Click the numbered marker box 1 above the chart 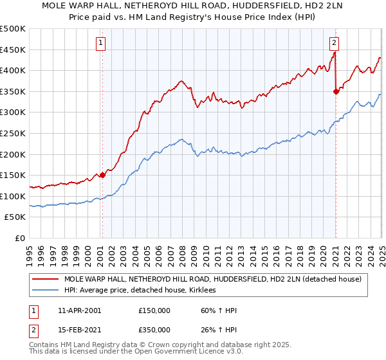tap(102, 44)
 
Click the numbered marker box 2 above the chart tap(335, 44)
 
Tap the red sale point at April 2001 tap(102, 175)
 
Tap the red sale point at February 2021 tap(336, 91)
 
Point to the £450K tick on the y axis tap(13, 50)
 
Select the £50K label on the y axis tap(15, 217)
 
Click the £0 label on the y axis tap(19, 238)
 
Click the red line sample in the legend tap(45, 279)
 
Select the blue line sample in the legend tap(45, 291)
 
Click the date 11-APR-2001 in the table tap(79, 310)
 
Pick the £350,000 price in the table tap(154, 330)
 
